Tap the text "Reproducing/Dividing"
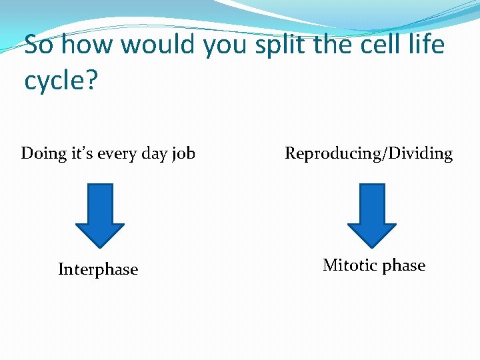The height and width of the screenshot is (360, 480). coord(369,154)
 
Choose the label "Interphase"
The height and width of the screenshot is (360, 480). coord(98,269)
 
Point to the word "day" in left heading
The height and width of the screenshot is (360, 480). coord(155,154)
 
